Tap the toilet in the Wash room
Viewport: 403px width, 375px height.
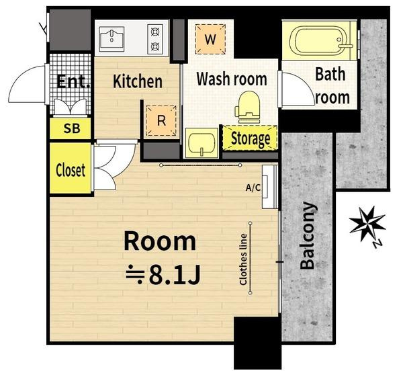[x=247, y=107]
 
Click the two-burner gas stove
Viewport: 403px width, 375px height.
[x=155, y=39]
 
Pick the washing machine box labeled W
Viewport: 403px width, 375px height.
[x=210, y=39]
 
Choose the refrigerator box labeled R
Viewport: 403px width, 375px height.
[x=161, y=120]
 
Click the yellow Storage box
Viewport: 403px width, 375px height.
[x=250, y=138]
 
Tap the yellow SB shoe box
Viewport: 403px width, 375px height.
[x=71, y=128]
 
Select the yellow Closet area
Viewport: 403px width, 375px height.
[x=71, y=168]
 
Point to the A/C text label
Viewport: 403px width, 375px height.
[x=253, y=187]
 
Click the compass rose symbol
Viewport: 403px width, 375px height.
[x=367, y=224]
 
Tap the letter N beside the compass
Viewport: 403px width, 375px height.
[x=377, y=243]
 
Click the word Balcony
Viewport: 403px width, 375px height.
[x=308, y=235]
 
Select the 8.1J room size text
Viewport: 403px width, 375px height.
[x=163, y=275]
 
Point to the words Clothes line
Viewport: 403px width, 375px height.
[x=243, y=259]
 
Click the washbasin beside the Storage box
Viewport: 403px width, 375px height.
[x=201, y=143]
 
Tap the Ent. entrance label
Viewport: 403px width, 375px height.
[x=73, y=81]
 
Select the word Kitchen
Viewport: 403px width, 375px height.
[x=138, y=81]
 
